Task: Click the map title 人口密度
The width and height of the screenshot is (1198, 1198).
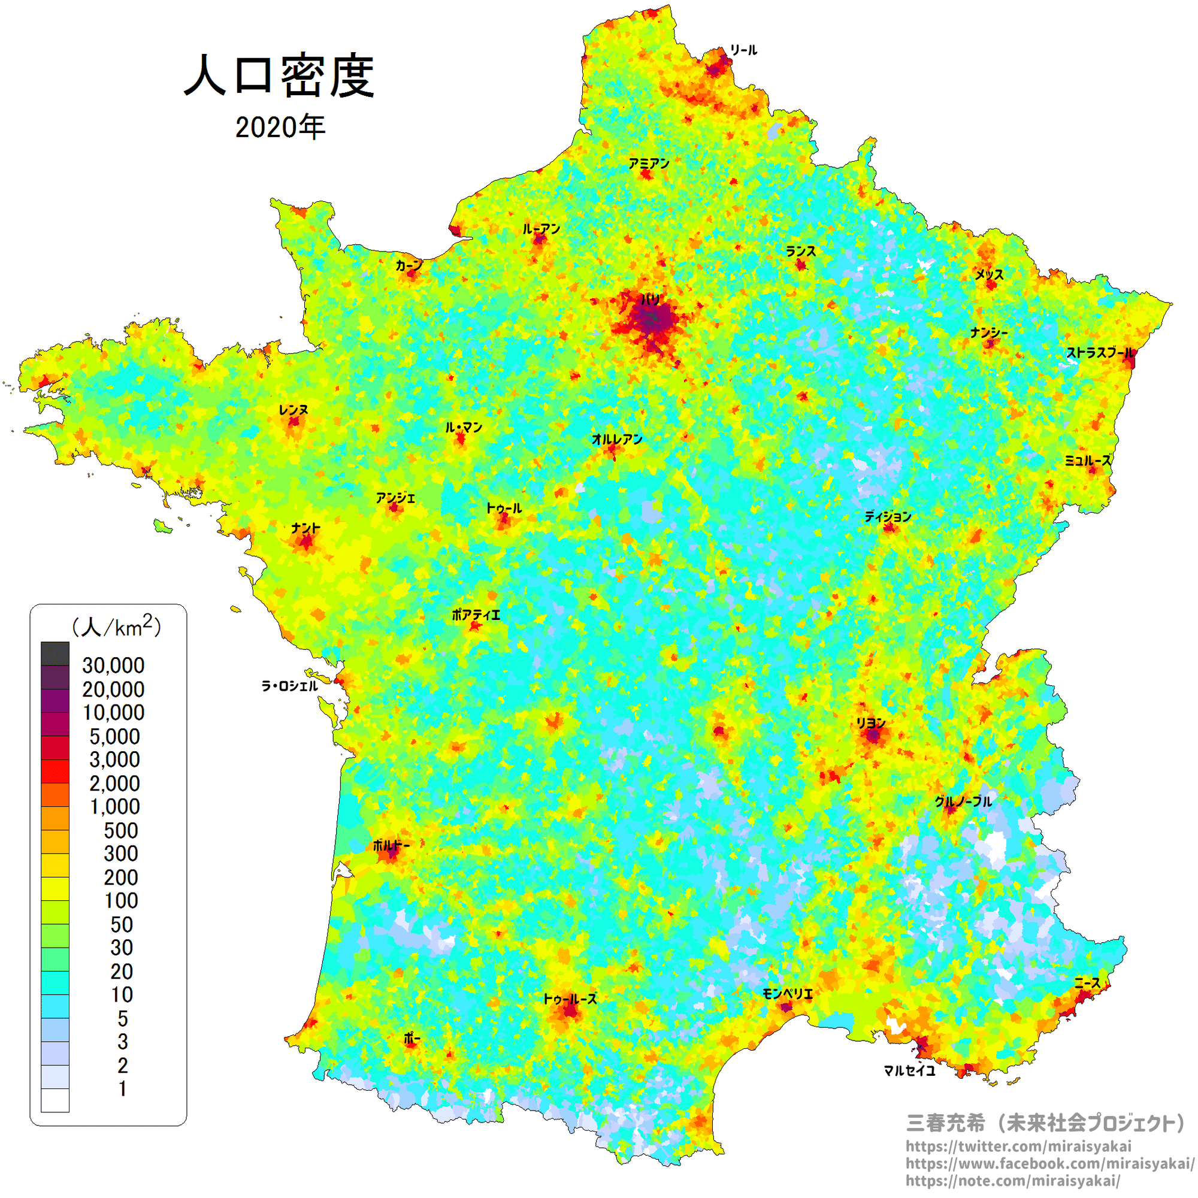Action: click(280, 76)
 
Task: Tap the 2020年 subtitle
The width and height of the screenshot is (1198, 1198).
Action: click(280, 127)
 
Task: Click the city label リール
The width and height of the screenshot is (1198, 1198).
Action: click(743, 50)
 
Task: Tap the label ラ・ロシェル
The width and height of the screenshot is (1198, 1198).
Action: click(289, 686)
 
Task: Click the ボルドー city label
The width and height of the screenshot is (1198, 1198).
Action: click(391, 845)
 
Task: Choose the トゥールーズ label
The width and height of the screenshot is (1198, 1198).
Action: click(570, 999)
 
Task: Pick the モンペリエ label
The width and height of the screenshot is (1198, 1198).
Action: click(788, 994)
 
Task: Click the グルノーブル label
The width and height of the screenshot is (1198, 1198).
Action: click(964, 801)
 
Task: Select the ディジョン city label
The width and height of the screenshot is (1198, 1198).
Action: click(888, 516)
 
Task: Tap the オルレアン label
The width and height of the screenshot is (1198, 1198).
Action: click(617, 440)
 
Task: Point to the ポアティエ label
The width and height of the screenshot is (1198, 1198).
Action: click(476, 615)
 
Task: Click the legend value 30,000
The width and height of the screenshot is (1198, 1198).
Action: click(113, 665)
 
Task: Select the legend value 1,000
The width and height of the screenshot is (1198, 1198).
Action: click(115, 807)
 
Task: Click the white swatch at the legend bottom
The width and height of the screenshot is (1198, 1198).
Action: click(55, 1100)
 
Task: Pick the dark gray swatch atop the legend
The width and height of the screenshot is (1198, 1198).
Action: click(55, 654)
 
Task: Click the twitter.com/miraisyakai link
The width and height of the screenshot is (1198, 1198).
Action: click(1018, 1146)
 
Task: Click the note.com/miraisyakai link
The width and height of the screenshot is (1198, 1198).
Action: click(1012, 1181)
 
